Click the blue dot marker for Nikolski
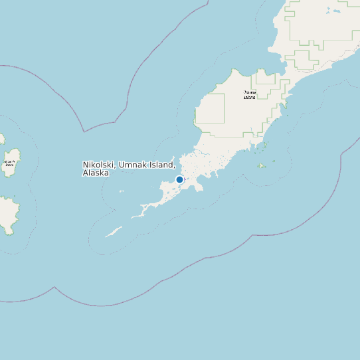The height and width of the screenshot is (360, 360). click(179, 179)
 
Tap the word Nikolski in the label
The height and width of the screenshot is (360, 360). click(99, 164)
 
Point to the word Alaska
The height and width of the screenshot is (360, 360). click(95, 173)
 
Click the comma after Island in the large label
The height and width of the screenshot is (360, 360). click(175, 165)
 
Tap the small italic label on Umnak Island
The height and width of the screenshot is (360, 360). click(249, 95)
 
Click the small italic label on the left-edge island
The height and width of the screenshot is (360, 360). click(9, 163)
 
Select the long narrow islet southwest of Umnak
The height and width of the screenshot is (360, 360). click(114, 232)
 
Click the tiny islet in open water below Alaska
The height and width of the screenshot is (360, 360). click(122, 192)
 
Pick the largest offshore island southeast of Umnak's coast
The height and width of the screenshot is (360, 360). click(262, 165)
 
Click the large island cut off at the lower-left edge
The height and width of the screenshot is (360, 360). click(7, 215)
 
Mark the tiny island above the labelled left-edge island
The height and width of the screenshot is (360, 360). click(2, 139)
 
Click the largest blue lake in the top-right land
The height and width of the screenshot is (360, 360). click(327, 11)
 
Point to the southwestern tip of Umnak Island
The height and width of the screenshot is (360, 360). click(134, 217)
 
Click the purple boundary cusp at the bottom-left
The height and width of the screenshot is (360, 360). click(54, 288)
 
